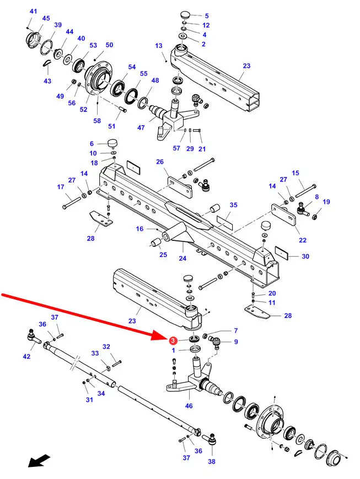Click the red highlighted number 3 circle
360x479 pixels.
[173, 341]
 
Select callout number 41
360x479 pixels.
[34, 12]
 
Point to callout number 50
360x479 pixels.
[109, 45]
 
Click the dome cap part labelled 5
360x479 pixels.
[184, 15]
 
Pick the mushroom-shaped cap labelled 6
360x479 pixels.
[114, 143]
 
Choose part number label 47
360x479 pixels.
[141, 127]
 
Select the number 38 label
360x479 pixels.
[211, 462]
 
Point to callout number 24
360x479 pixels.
[183, 257]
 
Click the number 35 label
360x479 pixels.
[233, 205]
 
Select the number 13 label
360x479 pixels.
[159, 46]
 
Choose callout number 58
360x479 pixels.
[97, 121]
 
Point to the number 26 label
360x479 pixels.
[160, 162]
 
